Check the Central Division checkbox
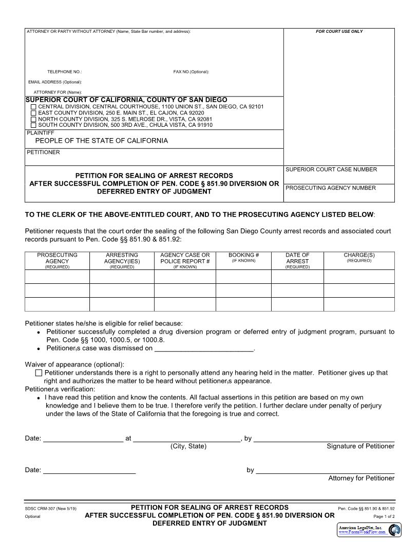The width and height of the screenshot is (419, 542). [x=34, y=107]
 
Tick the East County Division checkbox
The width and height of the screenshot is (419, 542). [x=34, y=113]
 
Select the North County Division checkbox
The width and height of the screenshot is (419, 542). [x=34, y=119]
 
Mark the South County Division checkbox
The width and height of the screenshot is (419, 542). [x=34, y=125]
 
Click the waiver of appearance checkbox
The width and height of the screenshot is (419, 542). [x=39, y=373]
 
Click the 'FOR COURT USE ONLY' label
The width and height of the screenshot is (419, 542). [x=339, y=32]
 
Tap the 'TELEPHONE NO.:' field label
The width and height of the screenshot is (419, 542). [x=65, y=72]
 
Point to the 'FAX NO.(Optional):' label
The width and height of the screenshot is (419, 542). [x=191, y=72]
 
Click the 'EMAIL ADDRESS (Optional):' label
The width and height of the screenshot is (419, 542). [x=55, y=82]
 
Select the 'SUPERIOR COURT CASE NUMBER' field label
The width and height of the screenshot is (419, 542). [x=331, y=169]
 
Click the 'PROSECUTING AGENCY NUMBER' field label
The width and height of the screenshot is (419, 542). [x=331, y=188]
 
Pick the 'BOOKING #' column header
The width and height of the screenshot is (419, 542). [x=243, y=255]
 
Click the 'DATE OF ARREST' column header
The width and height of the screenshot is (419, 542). [x=297, y=258]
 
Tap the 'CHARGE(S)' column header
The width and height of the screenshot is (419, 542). [x=359, y=255]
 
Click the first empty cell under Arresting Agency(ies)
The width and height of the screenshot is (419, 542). [x=122, y=277]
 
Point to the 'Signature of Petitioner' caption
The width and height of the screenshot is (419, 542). [x=360, y=447]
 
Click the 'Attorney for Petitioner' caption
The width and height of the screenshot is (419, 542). [x=361, y=478]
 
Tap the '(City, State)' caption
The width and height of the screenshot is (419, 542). [x=188, y=447]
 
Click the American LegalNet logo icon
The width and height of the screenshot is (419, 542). [x=394, y=530]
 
